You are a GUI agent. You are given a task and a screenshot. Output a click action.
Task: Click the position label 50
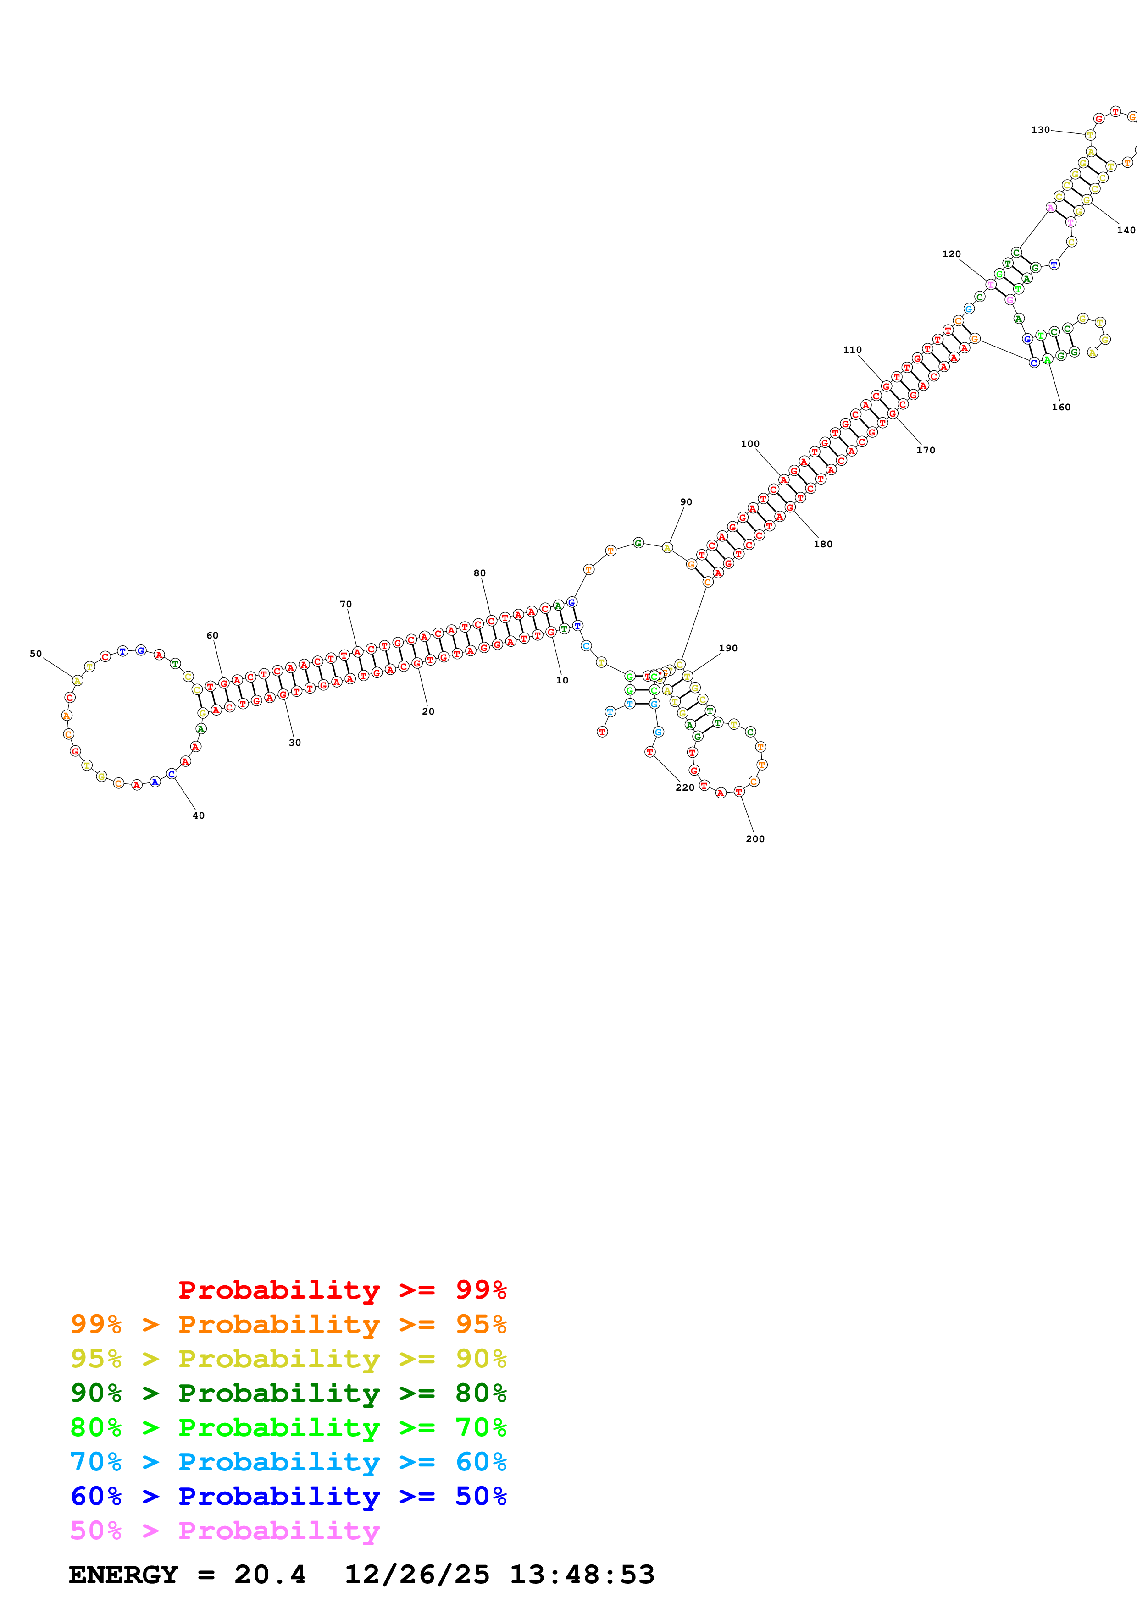[x=36, y=654]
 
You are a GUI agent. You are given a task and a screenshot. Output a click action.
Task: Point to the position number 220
[x=684, y=787]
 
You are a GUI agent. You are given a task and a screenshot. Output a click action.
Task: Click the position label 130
[x=1040, y=130]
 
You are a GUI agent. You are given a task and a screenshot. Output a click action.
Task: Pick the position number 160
[x=1061, y=407]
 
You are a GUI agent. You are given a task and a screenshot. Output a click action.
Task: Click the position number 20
[x=428, y=711]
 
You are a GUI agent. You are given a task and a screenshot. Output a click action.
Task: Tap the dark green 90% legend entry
[x=288, y=1393]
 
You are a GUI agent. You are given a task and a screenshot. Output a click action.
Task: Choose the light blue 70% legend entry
[x=288, y=1462]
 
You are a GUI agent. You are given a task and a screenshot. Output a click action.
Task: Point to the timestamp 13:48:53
[x=582, y=1575]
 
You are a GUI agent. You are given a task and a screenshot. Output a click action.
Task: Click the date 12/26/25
[x=417, y=1575]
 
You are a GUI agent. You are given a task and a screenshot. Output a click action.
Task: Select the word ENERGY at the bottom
[x=123, y=1575]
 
